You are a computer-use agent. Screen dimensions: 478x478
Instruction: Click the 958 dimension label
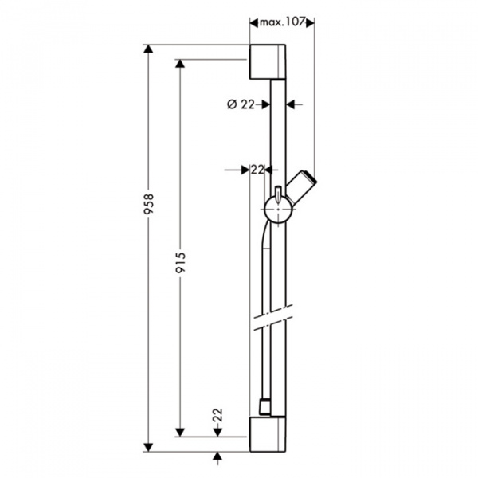click(150, 204)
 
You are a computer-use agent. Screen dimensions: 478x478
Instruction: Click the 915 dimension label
click(181, 262)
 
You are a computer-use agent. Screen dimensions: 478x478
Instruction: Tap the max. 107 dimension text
click(282, 22)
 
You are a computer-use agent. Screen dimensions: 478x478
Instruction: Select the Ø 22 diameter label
click(241, 104)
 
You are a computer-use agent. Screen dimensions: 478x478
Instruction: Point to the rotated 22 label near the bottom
click(217, 415)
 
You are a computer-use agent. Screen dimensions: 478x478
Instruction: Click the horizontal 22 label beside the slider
click(257, 170)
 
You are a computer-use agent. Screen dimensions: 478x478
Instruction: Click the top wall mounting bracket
click(268, 62)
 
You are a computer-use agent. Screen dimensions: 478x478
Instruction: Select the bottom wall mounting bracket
click(268, 434)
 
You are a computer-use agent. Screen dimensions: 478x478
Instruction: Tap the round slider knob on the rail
click(279, 210)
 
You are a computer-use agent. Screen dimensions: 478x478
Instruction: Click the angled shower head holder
click(302, 187)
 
